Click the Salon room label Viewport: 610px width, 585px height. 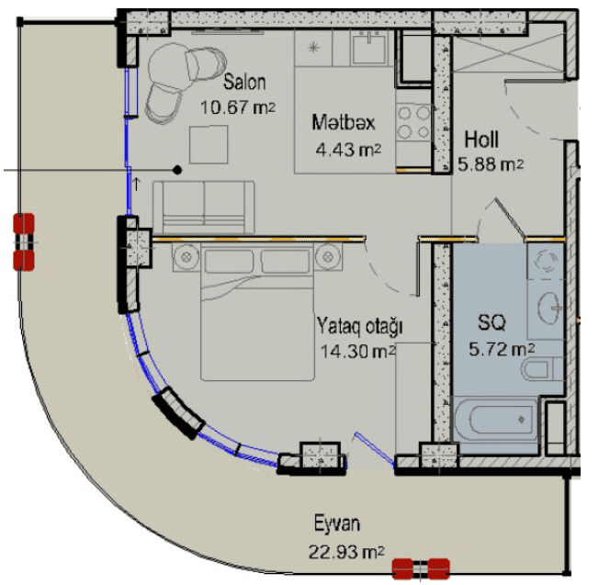(244, 83)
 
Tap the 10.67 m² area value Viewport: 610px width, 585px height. (238, 107)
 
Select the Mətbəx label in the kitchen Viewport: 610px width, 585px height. (344, 122)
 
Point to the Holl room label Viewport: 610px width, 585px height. (481, 140)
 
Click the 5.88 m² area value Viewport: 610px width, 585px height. (491, 164)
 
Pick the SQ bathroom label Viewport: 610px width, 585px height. (491, 322)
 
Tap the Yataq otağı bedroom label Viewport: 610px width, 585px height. (359, 326)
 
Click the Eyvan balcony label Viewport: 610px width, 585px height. (337, 523)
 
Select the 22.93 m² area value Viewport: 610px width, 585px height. (346, 552)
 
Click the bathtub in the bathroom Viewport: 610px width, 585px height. (494, 420)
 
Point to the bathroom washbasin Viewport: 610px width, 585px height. (549, 308)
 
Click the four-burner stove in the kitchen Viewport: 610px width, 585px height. (413, 122)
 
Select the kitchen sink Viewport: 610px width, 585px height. (368, 49)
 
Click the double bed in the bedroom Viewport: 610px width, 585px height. (257, 312)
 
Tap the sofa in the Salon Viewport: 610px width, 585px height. (203, 208)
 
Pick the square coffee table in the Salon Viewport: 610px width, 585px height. (209, 145)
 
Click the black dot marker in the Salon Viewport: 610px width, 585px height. (177, 170)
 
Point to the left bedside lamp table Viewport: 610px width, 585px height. (186, 257)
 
